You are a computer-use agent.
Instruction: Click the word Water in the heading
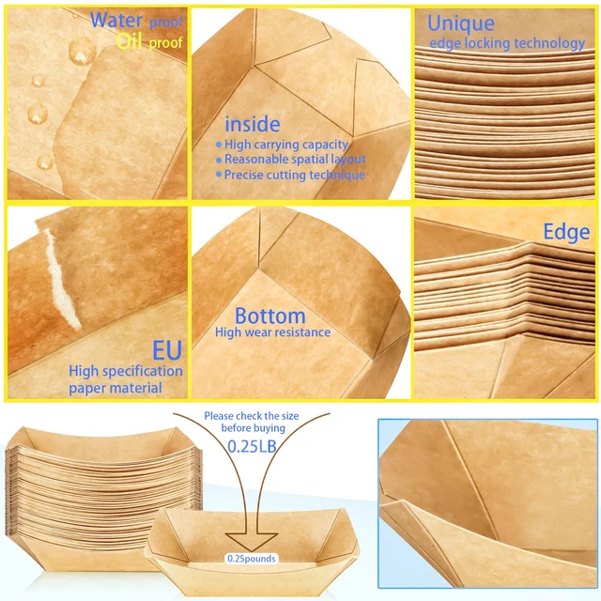[x=116, y=20]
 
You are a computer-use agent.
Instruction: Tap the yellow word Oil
[x=130, y=41]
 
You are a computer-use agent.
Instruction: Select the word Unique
[x=461, y=23]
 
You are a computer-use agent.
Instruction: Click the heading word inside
[x=253, y=124]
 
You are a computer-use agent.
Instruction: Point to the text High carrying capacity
[x=285, y=145]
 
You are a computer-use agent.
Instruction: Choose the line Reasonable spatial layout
[x=295, y=159]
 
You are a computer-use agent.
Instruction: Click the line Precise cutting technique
[x=294, y=175]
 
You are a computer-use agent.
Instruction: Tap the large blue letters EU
[x=167, y=350]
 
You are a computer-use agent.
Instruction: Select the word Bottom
[x=270, y=316]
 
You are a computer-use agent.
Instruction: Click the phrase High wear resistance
[x=272, y=331]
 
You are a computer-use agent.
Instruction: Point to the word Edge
[x=566, y=232]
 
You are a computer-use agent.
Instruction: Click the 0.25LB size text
[x=252, y=446]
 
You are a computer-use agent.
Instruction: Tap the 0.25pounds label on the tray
[x=252, y=559]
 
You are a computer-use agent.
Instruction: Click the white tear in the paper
[x=62, y=279]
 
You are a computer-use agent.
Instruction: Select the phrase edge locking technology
[x=507, y=43]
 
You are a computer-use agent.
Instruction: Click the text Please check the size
[x=252, y=416]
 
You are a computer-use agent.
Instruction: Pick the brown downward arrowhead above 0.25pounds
[x=252, y=542]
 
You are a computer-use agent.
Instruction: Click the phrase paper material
[x=116, y=388]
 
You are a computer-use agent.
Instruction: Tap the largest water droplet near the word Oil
[x=82, y=51]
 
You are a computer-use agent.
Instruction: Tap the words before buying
[x=253, y=428]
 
